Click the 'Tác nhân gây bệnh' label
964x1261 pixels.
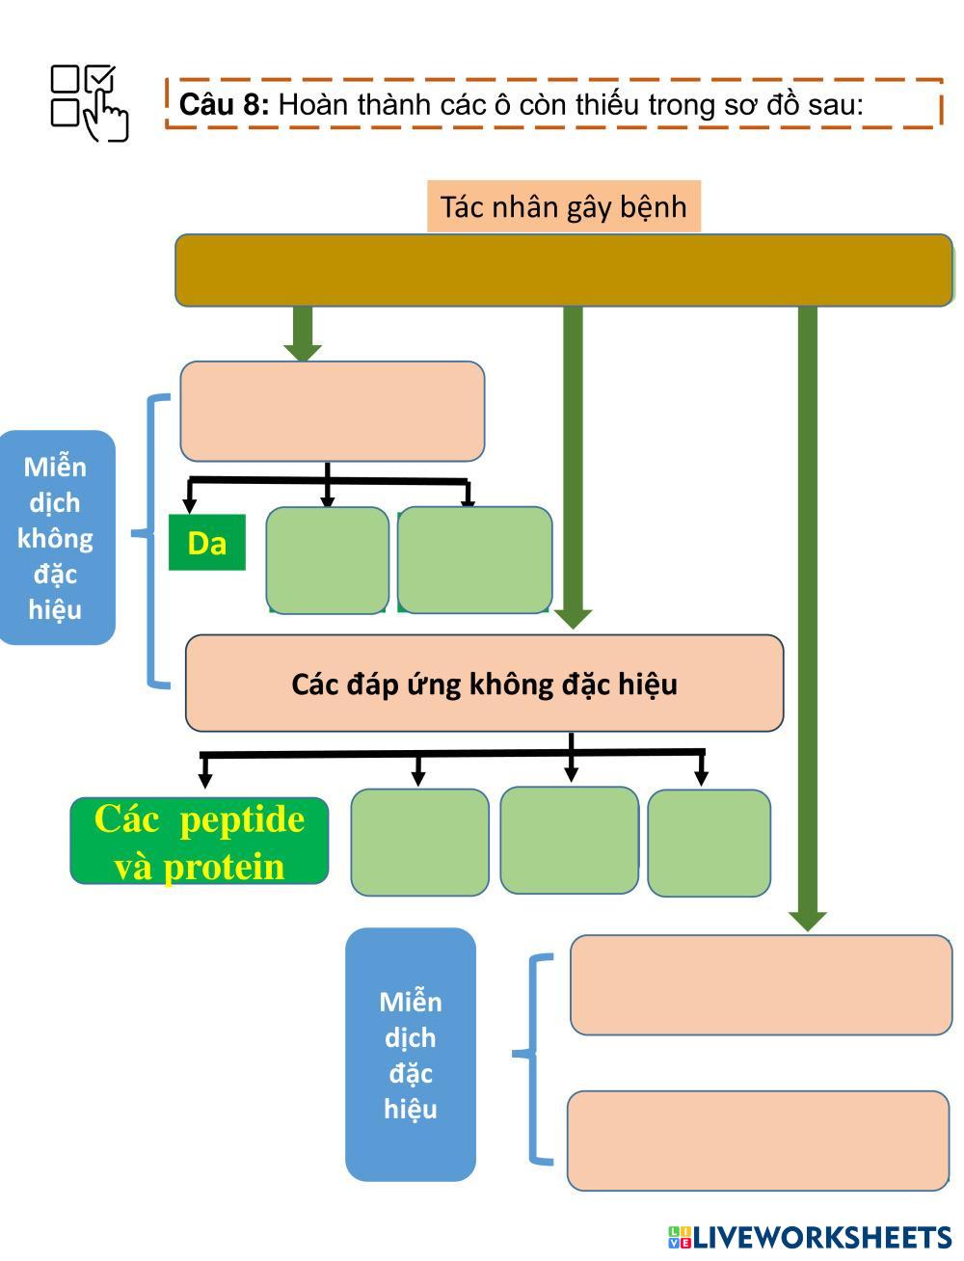click(x=563, y=206)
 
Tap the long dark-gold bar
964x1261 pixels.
click(x=563, y=270)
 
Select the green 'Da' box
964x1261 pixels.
click(x=206, y=543)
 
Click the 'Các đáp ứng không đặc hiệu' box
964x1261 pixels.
click(x=484, y=684)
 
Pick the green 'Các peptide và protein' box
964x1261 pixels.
click(x=200, y=842)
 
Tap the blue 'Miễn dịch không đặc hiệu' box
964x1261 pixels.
click(x=56, y=538)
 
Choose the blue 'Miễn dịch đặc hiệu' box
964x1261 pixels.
click(x=411, y=1055)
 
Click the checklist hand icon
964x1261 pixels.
click(x=89, y=102)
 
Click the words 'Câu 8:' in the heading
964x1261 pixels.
click(x=225, y=104)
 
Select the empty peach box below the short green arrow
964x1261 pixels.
click(x=332, y=412)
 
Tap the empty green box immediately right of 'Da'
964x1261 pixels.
click(x=327, y=560)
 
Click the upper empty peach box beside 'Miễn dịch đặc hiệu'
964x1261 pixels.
click(x=761, y=984)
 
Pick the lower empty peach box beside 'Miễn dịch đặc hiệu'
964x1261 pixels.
click(x=758, y=1140)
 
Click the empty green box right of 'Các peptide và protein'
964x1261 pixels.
click(x=419, y=843)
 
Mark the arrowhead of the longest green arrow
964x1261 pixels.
click(x=807, y=920)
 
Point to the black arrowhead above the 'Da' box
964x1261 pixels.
click(x=190, y=506)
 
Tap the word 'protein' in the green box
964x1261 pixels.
click(x=224, y=866)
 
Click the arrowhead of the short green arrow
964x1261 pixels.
click(x=303, y=352)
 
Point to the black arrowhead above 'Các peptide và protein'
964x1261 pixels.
click(x=204, y=777)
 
